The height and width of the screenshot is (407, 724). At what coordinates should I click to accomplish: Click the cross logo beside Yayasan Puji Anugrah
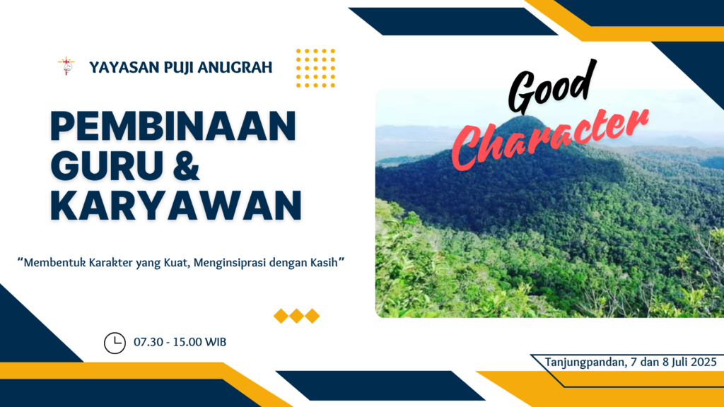(66, 66)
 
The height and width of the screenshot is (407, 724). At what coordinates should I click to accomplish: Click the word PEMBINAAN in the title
(173, 126)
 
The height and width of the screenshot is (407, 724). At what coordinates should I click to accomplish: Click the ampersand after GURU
(187, 165)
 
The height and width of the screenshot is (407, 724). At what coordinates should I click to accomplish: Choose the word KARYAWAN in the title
(176, 205)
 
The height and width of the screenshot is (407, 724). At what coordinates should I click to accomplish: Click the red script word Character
(549, 138)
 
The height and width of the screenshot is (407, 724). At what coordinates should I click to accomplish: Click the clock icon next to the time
(115, 343)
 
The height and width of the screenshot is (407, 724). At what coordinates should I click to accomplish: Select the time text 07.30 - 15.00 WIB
(180, 343)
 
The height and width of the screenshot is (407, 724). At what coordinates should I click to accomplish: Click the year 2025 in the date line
(703, 362)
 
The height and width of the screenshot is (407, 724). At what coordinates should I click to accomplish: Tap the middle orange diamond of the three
(296, 316)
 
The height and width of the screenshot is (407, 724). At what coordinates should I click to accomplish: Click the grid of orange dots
(316, 69)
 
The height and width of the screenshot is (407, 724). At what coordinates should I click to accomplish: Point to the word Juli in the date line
(679, 362)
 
